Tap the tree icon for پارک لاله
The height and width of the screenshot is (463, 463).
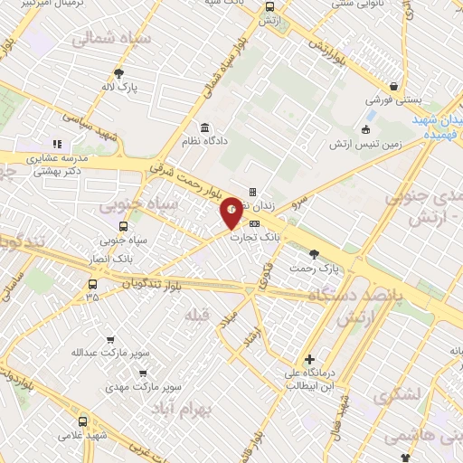point(118,74)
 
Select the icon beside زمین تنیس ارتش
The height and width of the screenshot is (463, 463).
point(366,128)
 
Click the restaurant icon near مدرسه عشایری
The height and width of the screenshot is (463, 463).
point(56,143)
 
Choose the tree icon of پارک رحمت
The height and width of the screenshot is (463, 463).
point(314,254)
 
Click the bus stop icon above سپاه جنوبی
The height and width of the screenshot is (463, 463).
point(123,226)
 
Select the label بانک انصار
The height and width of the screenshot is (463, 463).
point(123,257)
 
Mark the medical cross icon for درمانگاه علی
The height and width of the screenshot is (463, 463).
point(310,359)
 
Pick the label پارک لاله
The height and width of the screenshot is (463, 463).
point(120,89)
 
